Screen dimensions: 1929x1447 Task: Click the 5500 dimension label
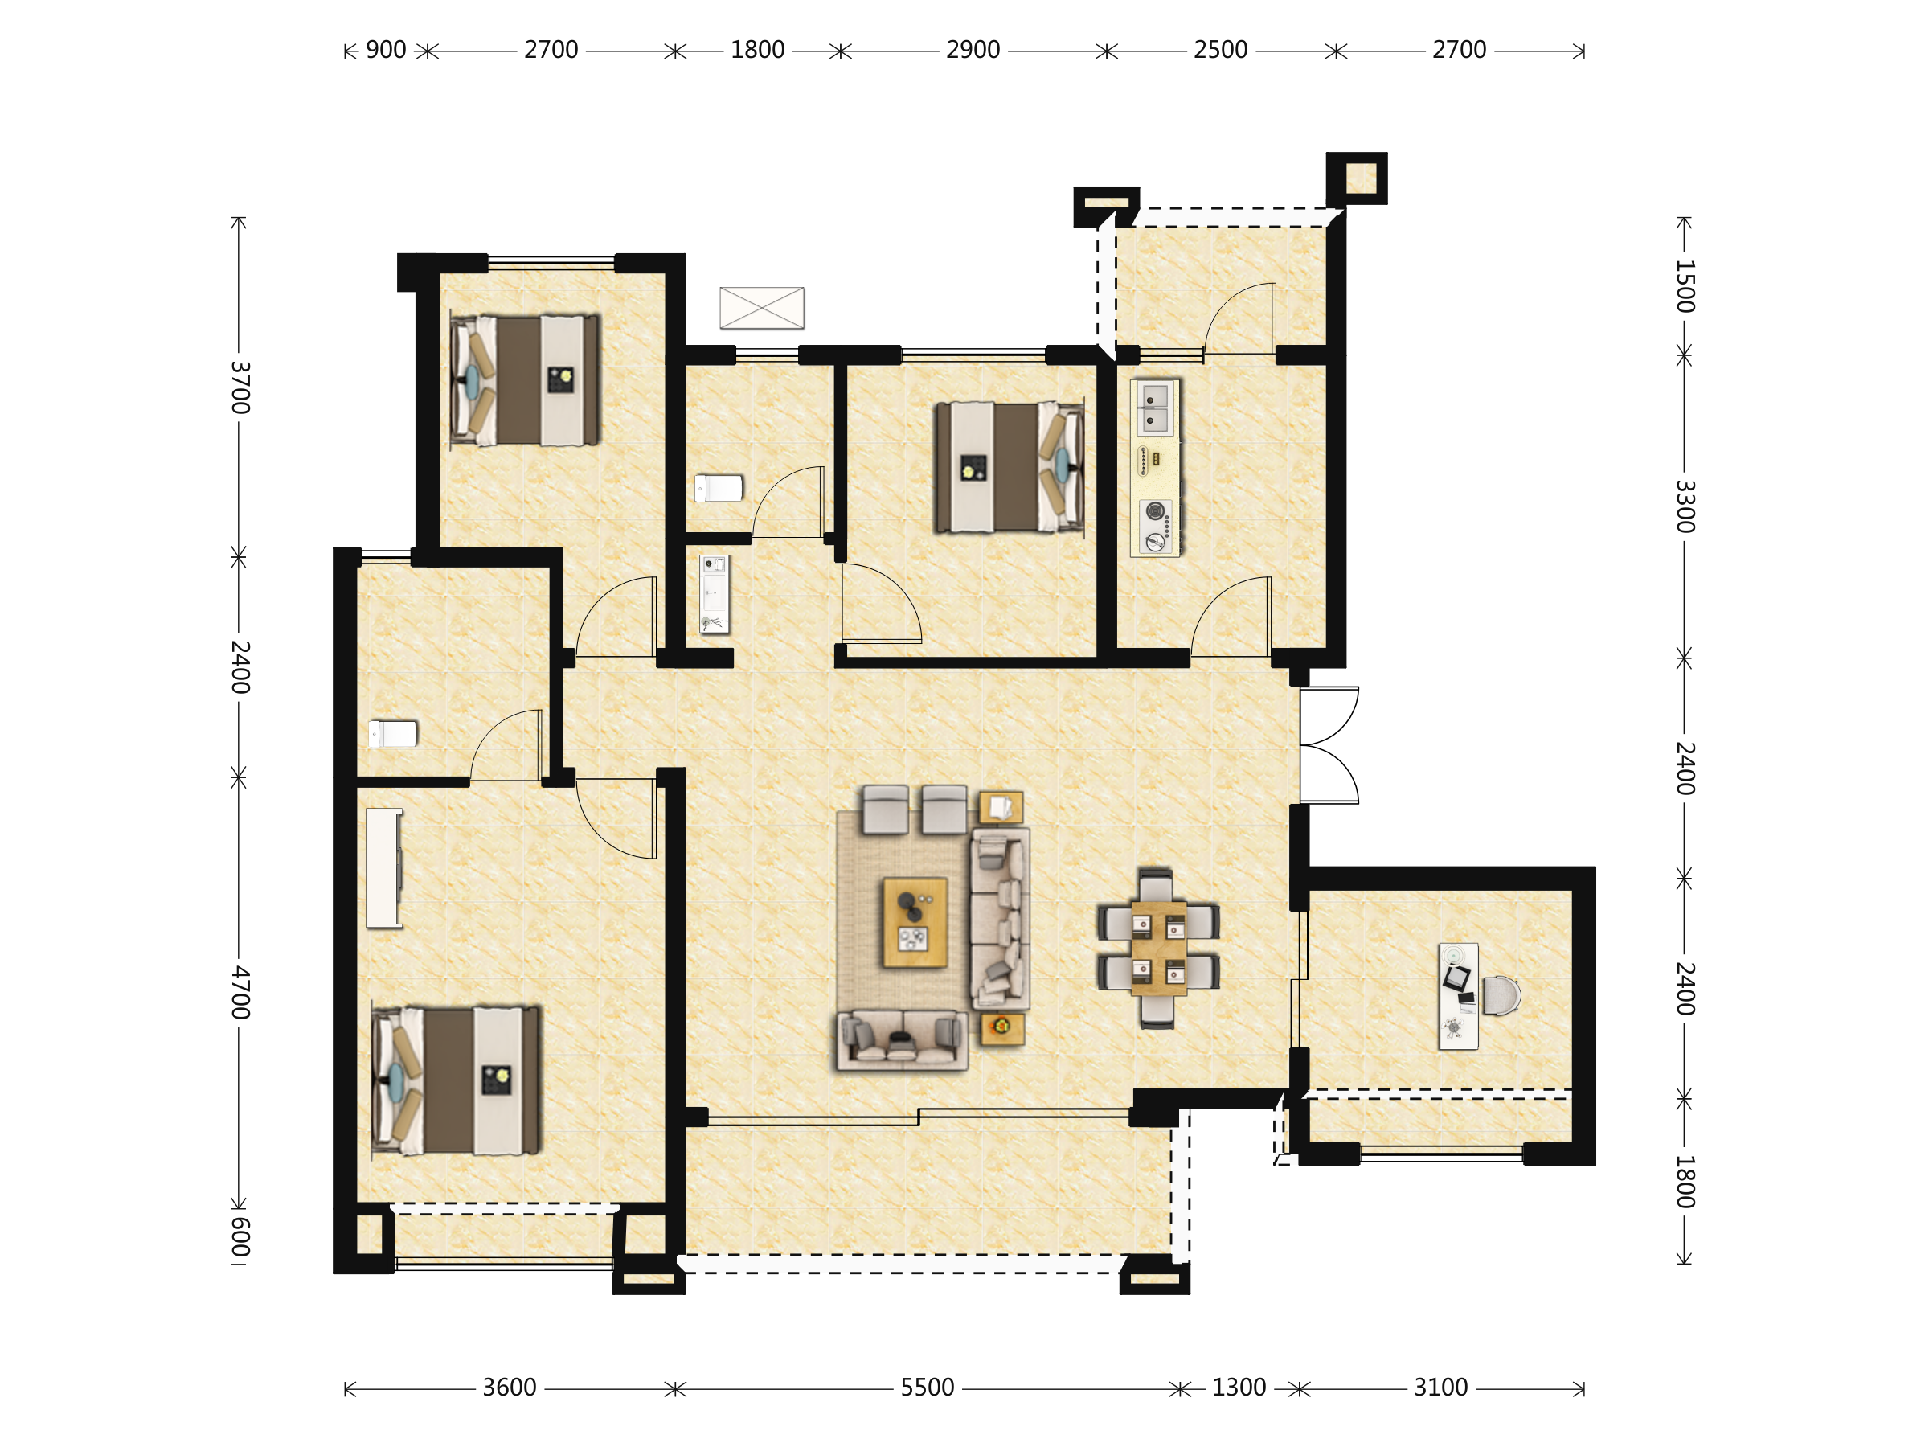pos(927,1387)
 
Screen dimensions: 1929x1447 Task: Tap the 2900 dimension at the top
pos(973,50)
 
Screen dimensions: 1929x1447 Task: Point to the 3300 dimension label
pos(1685,506)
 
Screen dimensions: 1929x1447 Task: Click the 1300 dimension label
pos(1239,1387)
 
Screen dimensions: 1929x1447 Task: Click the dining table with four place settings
pos(1158,948)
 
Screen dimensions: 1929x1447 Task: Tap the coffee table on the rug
pos(915,923)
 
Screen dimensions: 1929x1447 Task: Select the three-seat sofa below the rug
pos(902,1039)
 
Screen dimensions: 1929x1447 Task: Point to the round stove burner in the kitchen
pos(1155,511)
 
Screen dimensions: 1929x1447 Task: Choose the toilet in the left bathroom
pos(392,733)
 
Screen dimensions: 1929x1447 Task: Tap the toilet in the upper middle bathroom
pos(719,488)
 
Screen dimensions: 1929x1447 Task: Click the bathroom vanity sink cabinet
pos(715,594)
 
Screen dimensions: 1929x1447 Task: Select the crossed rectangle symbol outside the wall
pos(761,308)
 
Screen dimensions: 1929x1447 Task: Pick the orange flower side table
pos(1002,1027)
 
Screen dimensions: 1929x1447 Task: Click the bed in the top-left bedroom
pos(525,380)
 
